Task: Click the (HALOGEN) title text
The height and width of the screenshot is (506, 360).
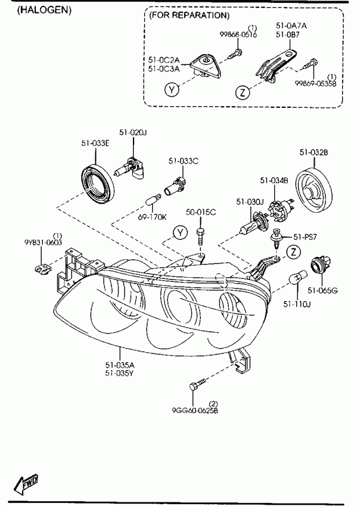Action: (44, 11)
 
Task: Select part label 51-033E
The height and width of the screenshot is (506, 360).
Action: (95, 143)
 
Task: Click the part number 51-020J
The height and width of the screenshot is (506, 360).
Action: (132, 132)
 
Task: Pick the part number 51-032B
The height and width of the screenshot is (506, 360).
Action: (314, 151)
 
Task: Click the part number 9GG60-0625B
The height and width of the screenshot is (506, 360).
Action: (195, 409)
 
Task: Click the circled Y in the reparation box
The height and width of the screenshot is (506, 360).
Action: (172, 90)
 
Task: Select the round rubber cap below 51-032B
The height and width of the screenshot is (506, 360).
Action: (314, 190)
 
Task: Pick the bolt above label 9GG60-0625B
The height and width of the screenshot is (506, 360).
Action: (197, 384)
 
